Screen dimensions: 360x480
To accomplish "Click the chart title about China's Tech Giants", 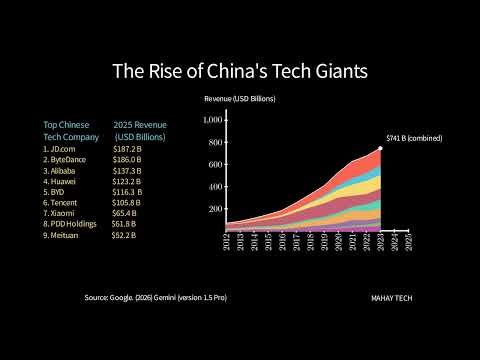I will point(239,72).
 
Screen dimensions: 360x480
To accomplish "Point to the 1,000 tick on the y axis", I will point(215,120).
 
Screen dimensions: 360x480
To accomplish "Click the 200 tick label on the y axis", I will point(216,208).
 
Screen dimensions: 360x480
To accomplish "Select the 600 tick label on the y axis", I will point(216,164).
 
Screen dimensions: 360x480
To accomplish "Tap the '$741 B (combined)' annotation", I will point(414,138).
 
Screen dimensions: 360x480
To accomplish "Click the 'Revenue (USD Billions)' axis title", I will point(240,100).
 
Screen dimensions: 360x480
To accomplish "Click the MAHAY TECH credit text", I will point(390,298).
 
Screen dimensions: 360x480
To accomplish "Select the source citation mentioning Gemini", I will point(156,298).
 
